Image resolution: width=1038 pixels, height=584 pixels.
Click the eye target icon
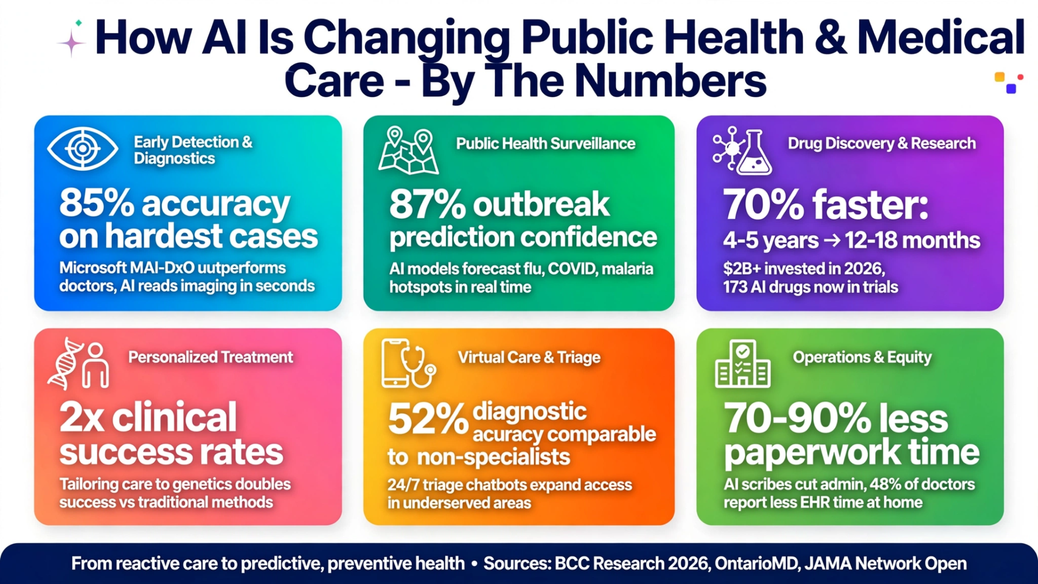click(x=82, y=148)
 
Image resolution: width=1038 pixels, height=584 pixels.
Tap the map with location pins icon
click(x=408, y=150)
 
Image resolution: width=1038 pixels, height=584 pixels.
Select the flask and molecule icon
click(x=742, y=150)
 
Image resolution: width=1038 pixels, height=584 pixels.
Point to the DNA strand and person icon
click(x=78, y=363)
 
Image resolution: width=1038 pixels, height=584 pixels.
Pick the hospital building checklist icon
click(x=742, y=363)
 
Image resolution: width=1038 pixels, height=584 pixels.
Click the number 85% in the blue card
click(x=96, y=203)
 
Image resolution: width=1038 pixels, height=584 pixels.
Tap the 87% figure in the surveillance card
click(x=427, y=204)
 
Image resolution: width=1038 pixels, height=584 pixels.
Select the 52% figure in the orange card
click(x=428, y=420)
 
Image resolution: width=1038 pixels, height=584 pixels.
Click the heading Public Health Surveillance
click(x=545, y=143)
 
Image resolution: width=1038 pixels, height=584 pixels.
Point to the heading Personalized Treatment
click(x=210, y=357)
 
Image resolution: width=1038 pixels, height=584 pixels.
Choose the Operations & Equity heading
click(x=862, y=357)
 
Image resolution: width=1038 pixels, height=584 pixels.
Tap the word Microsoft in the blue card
click(x=93, y=268)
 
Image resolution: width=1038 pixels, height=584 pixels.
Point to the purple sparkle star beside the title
click(x=71, y=43)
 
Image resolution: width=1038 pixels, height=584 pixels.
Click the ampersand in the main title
click(x=830, y=38)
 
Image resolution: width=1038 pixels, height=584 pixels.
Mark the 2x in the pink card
click(x=82, y=417)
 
